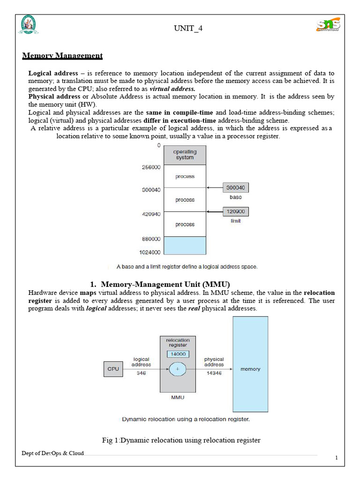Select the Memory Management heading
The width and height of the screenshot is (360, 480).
tap(62, 56)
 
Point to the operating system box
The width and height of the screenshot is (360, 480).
tap(185, 155)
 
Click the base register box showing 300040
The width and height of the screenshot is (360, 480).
tap(235, 188)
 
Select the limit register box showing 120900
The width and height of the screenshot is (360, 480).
tap(235, 212)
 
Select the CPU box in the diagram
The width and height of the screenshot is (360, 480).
tap(113, 369)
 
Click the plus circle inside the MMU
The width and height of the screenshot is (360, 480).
tap(178, 369)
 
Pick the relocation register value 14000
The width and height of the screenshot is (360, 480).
tap(178, 354)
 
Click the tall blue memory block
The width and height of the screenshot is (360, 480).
tap(250, 364)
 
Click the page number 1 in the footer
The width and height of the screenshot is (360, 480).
tap(336, 458)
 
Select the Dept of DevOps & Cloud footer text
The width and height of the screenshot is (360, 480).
tap(53, 453)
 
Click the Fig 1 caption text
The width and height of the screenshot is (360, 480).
tap(181, 440)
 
